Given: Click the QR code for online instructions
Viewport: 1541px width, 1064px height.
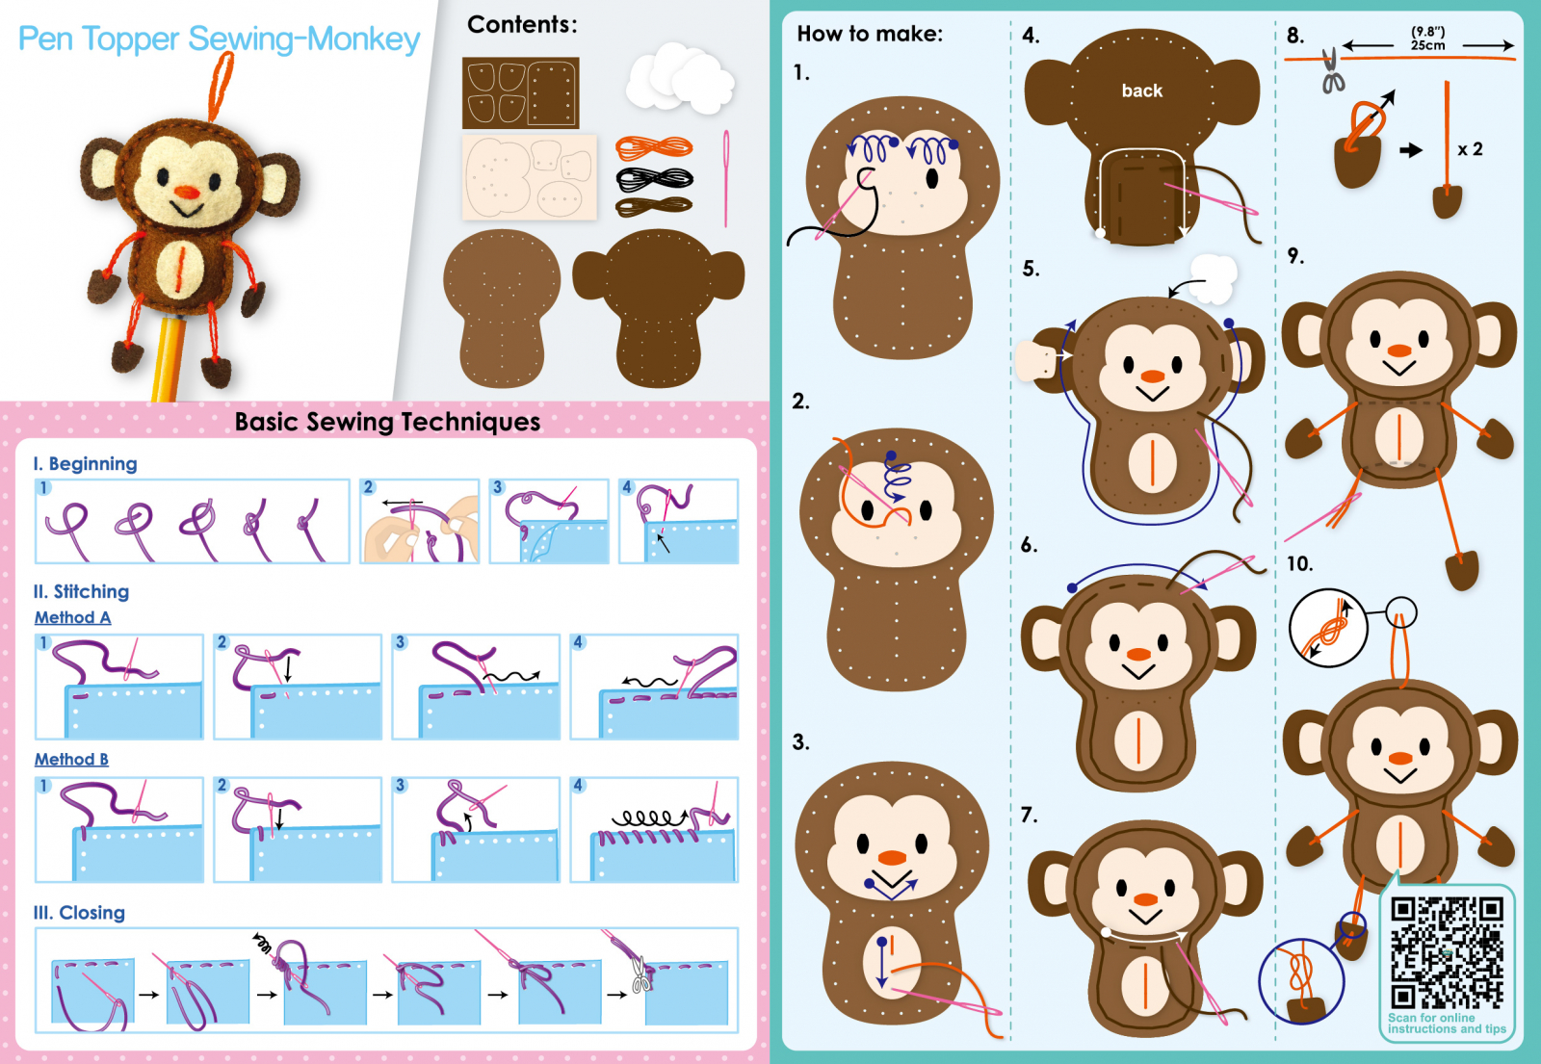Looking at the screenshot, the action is pyautogui.click(x=1447, y=952).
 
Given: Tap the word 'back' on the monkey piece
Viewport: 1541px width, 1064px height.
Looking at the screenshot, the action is pyautogui.click(x=1142, y=91).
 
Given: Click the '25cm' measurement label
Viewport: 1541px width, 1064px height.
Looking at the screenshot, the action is pyautogui.click(x=1427, y=45).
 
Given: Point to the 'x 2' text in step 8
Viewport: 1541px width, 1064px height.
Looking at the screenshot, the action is pyautogui.click(x=1470, y=149).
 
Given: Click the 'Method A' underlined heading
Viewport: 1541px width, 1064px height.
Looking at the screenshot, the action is pyautogui.click(x=73, y=617).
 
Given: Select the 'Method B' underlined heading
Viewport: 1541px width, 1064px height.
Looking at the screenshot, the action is pyautogui.click(x=71, y=759).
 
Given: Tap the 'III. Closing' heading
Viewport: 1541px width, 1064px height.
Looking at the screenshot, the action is pyautogui.click(x=79, y=913).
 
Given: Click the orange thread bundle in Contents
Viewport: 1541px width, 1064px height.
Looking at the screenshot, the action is pyautogui.click(x=654, y=147).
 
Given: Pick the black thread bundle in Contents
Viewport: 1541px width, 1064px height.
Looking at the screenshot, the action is pyautogui.click(x=654, y=179).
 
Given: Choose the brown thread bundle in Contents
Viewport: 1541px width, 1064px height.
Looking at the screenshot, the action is pyautogui.click(x=654, y=206).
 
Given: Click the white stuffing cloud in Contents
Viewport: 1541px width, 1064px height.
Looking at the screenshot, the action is pyautogui.click(x=680, y=78).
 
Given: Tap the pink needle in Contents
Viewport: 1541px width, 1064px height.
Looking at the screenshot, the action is pyautogui.click(x=726, y=179).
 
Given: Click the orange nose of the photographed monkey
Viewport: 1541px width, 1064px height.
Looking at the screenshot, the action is pyautogui.click(x=187, y=192).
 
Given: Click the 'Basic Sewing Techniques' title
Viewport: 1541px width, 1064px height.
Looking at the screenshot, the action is pyautogui.click(x=387, y=422).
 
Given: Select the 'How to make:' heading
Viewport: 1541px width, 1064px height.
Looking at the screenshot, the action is pyautogui.click(x=870, y=34).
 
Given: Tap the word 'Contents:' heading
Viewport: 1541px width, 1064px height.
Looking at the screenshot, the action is pyautogui.click(x=522, y=25).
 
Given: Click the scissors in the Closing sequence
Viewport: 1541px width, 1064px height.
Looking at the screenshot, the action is pyautogui.click(x=641, y=974).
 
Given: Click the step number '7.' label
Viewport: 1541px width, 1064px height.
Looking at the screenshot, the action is pyautogui.click(x=1030, y=815).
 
